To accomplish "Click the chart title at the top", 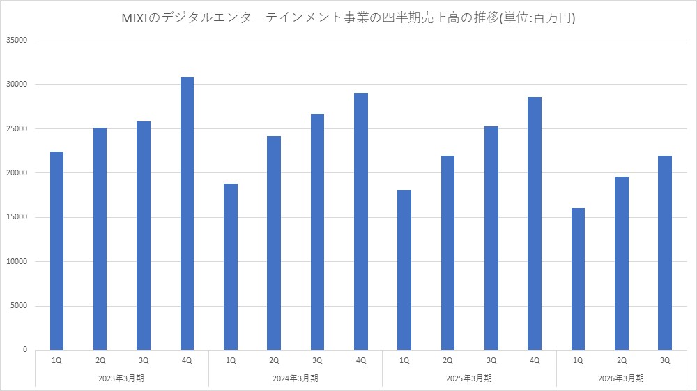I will point(348,19).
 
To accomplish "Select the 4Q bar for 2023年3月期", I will point(187,213).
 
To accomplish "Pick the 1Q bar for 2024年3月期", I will point(230,266).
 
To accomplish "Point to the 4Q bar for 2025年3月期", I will point(535,223).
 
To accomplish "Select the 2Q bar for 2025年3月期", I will point(447,252).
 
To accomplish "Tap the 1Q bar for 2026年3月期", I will point(578,279).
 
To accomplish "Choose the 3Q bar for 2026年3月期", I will point(665,252).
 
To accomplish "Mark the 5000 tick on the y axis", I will point(17,306).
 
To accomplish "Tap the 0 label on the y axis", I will point(24,350).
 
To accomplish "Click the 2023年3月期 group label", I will point(122,378).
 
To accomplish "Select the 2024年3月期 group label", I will point(296,378).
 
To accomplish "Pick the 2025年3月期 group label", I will point(470,378).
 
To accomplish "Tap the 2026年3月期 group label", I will point(622,378).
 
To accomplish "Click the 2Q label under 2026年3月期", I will point(622,360).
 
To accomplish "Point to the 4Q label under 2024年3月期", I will point(360,360).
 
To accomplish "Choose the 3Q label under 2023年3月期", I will point(144,360).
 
